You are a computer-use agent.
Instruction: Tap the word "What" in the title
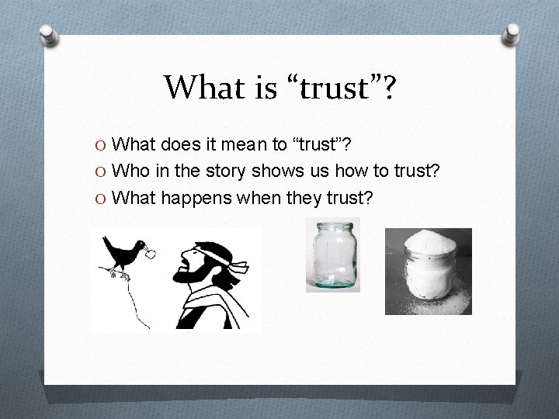200,88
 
